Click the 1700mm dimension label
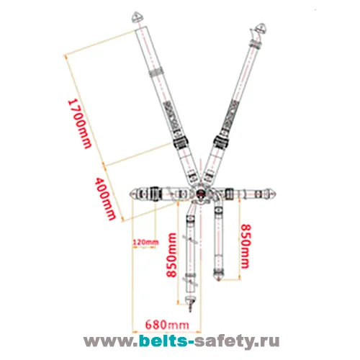click(80, 124)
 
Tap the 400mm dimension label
click(105, 199)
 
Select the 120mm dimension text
click(145, 242)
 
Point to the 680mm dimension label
click(167, 325)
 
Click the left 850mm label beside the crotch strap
click(172, 255)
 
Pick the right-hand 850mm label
click(246, 246)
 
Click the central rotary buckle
click(200, 194)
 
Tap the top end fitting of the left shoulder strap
click(138, 17)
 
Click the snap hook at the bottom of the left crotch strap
click(190, 303)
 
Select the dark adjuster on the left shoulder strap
click(180, 143)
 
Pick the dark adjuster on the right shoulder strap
click(222, 142)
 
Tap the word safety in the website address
click(225, 341)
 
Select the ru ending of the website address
click(269, 341)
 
